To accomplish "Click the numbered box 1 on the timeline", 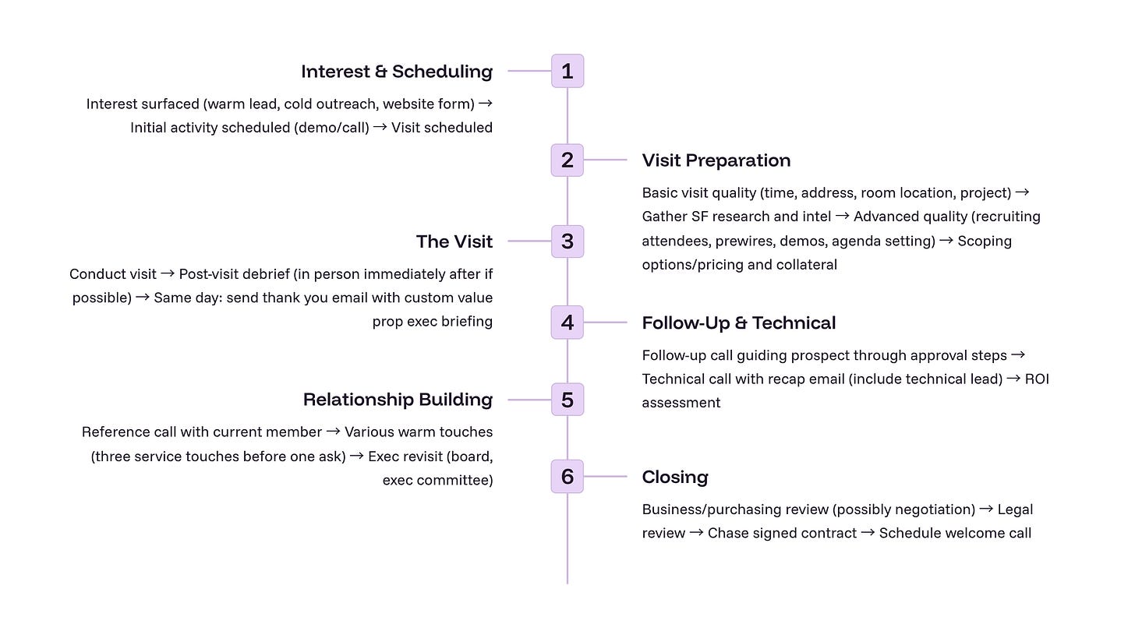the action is coord(567,71).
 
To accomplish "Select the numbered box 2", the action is coord(567,160).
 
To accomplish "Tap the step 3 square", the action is coord(567,241).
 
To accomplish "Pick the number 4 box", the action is coord(567,323).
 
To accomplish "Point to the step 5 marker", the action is coord(567,400).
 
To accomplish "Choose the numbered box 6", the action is coord(567,476).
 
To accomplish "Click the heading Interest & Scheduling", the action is coord(397,72).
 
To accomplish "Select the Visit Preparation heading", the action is coord(716,160).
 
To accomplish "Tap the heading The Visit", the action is coord(454,241).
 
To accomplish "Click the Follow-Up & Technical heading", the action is coord(738,323).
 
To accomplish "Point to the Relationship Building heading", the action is coord(398,400).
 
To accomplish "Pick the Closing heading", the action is coord(674,477).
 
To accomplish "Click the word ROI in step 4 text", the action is coord(1037,379).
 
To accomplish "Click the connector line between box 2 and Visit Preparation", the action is coord(605,160).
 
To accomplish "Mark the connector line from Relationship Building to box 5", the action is coord(529,400).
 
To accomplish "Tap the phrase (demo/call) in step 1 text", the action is coord(331,128).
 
